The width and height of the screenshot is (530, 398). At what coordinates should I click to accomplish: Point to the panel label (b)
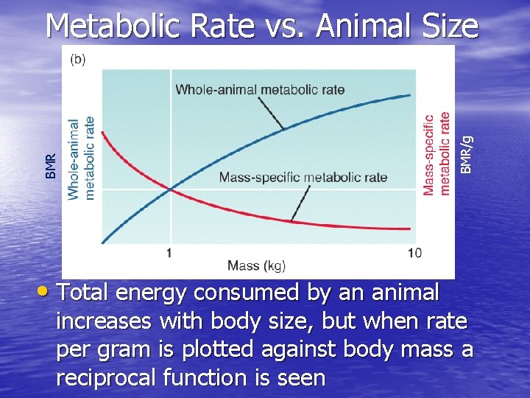coord(78,60)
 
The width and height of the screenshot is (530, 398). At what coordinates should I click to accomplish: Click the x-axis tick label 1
coord(170,253)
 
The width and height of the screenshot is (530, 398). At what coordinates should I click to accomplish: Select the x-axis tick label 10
coord(414,253)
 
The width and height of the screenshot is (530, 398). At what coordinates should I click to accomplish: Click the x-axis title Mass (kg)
coord(256,265)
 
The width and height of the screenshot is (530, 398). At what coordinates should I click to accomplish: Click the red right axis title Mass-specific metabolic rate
coord(437,153)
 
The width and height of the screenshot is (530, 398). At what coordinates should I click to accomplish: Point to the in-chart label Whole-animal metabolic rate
coord(259,90)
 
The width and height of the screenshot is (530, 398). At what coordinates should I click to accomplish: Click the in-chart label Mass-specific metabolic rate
coord(303,177)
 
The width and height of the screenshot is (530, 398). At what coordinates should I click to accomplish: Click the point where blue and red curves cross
coord(171,189)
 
